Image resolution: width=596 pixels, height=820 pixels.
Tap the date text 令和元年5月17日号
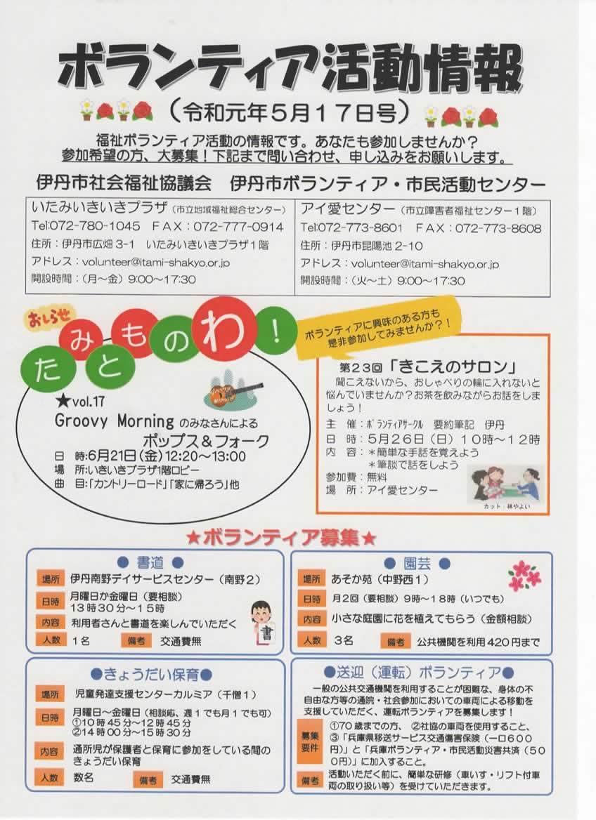[290, 112]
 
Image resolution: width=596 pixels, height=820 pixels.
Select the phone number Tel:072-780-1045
[85, 227]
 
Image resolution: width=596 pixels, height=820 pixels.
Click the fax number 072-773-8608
[498, 228]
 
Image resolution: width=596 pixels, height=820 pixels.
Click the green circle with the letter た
[46, 368]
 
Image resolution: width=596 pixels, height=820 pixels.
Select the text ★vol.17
[79, 401]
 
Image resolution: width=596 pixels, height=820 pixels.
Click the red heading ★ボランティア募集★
[282, 537]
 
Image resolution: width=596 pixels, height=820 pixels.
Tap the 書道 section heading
[150, 562]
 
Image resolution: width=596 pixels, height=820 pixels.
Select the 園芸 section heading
[417, 563]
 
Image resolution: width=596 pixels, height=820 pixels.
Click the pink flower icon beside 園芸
[524, 576]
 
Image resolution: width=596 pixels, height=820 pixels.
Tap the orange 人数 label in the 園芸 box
[312, 640]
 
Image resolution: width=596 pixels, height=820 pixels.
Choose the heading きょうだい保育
[151, 674]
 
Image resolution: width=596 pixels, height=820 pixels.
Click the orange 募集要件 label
[309, 742]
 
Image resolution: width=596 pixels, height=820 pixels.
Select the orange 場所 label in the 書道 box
[51, 579]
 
